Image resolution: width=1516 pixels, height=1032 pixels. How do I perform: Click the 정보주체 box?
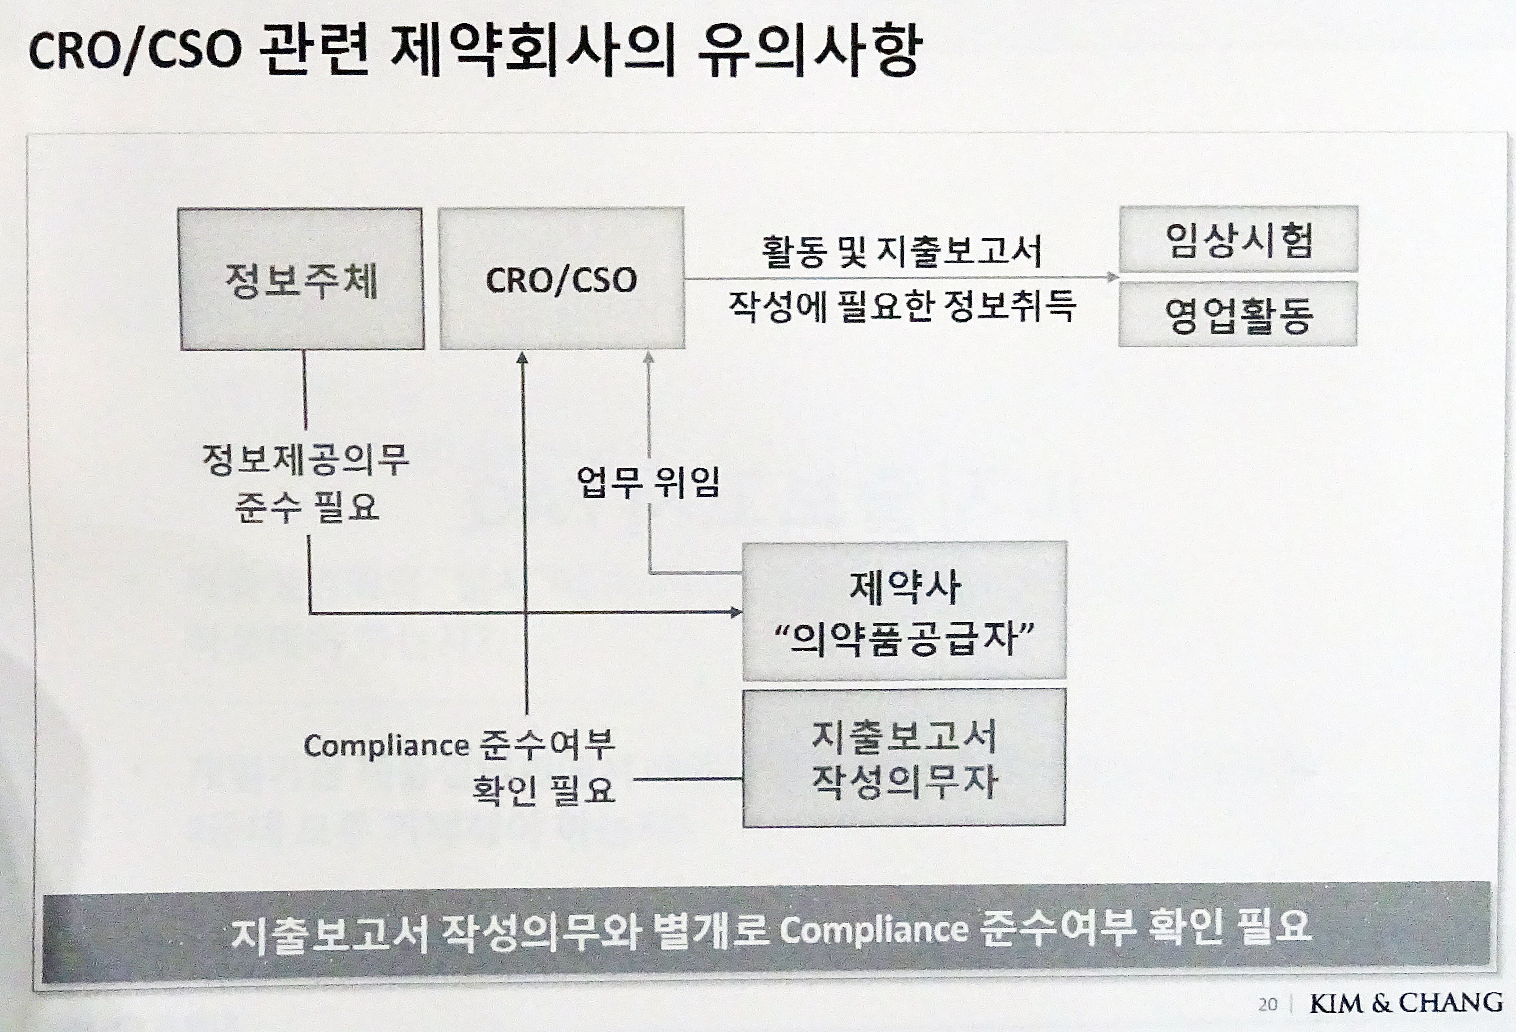point(301,279)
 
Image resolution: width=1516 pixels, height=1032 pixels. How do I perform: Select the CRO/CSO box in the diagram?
point(562,279)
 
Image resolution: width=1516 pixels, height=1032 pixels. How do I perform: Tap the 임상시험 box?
point(1239,239)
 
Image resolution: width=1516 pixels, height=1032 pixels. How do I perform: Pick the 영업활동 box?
point(1238,314)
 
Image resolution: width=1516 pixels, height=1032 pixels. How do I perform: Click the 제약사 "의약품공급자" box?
point(905,611)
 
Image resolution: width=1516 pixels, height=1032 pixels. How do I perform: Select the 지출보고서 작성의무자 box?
point(904,758)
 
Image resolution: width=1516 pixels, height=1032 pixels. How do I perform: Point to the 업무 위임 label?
point(648,483)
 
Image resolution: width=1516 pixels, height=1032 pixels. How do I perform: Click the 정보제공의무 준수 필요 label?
point(306,484)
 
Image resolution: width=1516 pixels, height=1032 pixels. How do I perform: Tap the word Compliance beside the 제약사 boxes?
point(386,746)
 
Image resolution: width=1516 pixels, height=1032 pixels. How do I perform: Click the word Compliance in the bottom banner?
point(874,930)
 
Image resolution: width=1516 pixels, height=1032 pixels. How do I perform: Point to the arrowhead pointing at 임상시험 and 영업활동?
point(1113,277)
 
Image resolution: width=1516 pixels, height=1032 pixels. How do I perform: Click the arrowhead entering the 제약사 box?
point(736,612)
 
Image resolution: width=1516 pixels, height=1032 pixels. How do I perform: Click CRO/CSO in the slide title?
point(135,51)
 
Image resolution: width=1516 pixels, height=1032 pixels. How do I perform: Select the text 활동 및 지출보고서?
point(902,251)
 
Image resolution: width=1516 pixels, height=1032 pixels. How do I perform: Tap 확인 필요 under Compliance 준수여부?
point(544,790)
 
